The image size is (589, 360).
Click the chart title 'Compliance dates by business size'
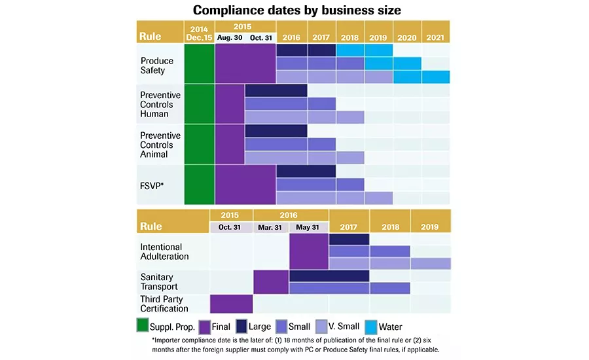pos(296,10)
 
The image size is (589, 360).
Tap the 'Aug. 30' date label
pos(229,38)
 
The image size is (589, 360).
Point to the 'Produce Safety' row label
pos(157,65)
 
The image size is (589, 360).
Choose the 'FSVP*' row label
pos(152,185)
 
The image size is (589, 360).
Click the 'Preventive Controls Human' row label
pos(160,104)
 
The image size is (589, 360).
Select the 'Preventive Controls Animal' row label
pos(160,145)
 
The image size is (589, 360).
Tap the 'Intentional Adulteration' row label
pos(165,251)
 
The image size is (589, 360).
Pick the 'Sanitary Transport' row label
pos(158,281)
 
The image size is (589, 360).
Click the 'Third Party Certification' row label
pos(164,304)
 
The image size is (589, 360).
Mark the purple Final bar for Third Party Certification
pos(231,304)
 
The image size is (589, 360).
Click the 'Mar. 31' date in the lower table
pos(271,226)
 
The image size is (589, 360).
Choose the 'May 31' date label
pos(308,226)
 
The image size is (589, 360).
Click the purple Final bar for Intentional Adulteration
pos(308,251)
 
